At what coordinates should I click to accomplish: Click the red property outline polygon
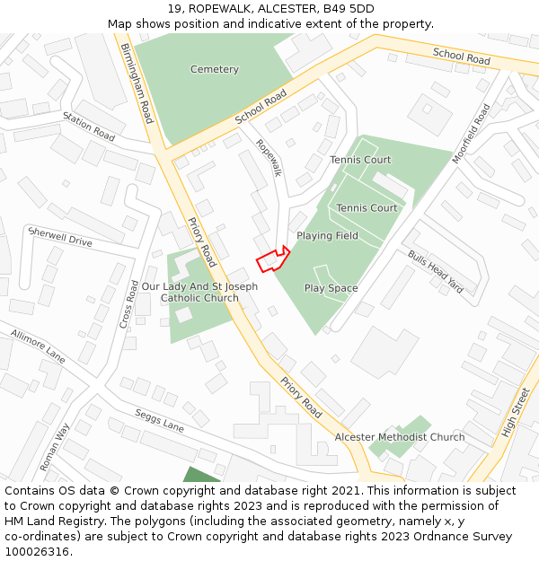[x=272, y=259]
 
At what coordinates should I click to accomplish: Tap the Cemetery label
[x=215, y=69]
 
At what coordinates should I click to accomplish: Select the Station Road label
[x=89, y=130]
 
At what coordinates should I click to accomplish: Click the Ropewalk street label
[x=268, y=157]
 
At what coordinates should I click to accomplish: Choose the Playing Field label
[x=327, y=236]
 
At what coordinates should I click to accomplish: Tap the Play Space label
[x=331, y=288]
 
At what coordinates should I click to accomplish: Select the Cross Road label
[x=128, y=303]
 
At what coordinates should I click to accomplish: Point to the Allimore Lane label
[x=39, y=345]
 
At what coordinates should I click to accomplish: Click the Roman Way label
[x=56, y=446]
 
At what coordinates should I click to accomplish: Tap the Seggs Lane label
[x=159, y=421]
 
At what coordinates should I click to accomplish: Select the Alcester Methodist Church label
[x=400, y=437]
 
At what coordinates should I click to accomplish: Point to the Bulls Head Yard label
[x=436, y=271]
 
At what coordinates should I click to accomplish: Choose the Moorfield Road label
[x=472, y=133]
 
